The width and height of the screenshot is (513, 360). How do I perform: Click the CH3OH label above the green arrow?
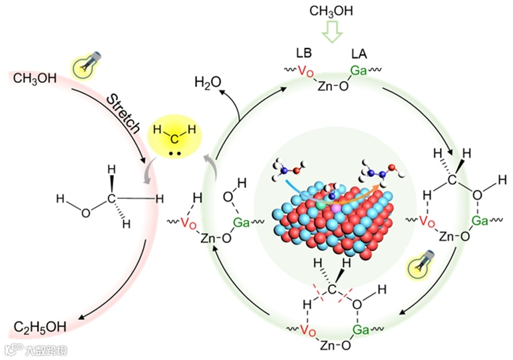click(331, 11)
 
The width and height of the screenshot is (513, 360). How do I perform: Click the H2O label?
click(208, 82)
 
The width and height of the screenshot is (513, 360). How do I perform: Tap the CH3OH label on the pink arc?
click(34, 78)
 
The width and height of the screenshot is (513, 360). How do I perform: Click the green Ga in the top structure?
click(360, 72)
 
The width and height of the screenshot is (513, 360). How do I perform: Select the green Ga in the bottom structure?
click(361, 330)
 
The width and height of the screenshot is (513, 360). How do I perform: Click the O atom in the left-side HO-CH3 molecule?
click(86, 213)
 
